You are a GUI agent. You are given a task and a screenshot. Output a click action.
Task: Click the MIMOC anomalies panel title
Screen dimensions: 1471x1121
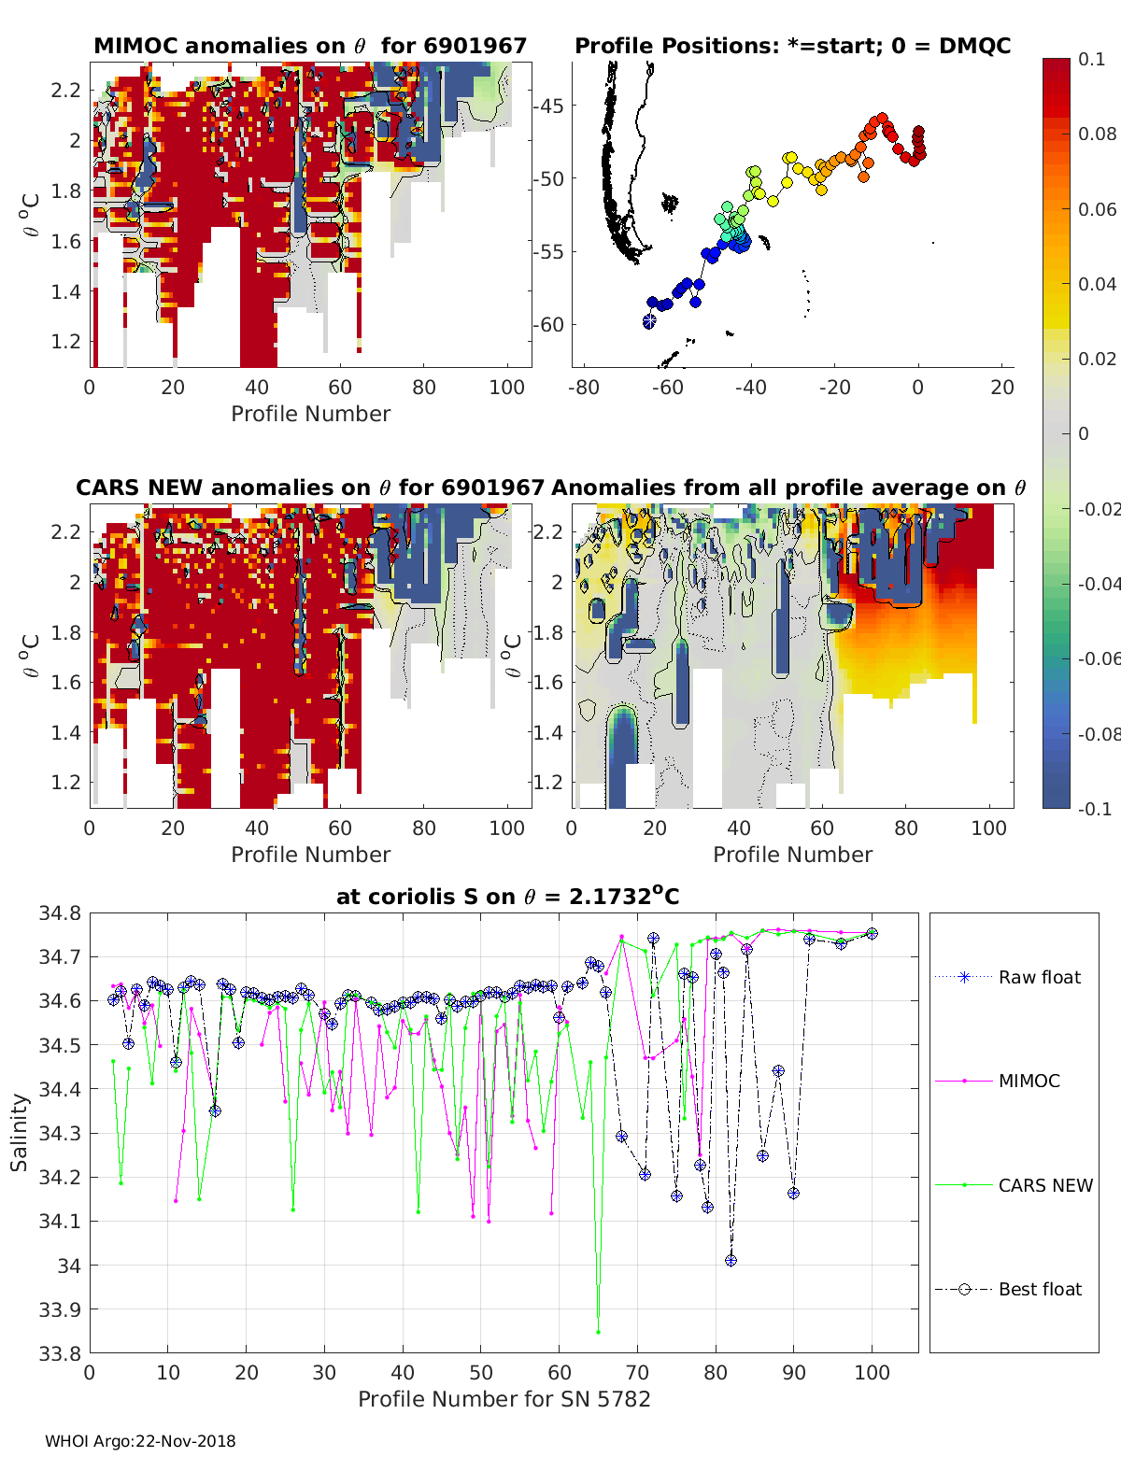[310, 46]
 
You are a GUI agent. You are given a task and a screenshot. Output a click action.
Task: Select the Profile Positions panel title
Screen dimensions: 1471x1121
[792, 46]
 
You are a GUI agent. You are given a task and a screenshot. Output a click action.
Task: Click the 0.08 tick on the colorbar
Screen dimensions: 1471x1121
[1097, 134]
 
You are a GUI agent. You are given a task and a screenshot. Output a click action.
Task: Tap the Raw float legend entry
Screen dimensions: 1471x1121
[1039, 977]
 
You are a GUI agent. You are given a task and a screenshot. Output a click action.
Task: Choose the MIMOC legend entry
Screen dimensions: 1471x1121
[1029, 1081]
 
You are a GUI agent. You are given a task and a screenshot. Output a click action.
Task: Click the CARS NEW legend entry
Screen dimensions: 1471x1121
[1044, 1185]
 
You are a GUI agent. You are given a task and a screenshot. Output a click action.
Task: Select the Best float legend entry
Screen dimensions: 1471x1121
[1039, 1289]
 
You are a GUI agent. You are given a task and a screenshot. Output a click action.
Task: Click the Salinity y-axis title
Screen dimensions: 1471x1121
[20, 1132]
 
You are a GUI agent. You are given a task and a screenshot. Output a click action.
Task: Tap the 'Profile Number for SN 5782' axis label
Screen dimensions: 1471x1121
[504, 1399]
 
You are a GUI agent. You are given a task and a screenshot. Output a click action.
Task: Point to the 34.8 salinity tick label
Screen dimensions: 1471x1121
[60, 913]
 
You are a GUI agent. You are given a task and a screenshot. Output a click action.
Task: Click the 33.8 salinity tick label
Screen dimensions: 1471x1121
[60, 1352]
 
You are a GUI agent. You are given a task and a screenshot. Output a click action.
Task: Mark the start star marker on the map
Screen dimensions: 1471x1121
[649, 320]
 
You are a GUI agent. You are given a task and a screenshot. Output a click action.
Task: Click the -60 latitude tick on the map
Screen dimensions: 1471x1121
[548, 325]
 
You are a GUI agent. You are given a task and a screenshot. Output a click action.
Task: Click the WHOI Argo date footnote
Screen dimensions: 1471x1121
[140, 1441]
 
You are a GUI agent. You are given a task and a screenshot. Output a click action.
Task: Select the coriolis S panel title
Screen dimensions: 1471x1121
[507, 897]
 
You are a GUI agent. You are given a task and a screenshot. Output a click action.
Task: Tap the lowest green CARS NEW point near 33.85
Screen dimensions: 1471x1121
[598, 1331]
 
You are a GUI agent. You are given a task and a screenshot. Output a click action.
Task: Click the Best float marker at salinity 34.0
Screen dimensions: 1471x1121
[731, 1260]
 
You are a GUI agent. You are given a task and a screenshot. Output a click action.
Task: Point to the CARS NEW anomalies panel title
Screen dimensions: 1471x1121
[310, 488]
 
